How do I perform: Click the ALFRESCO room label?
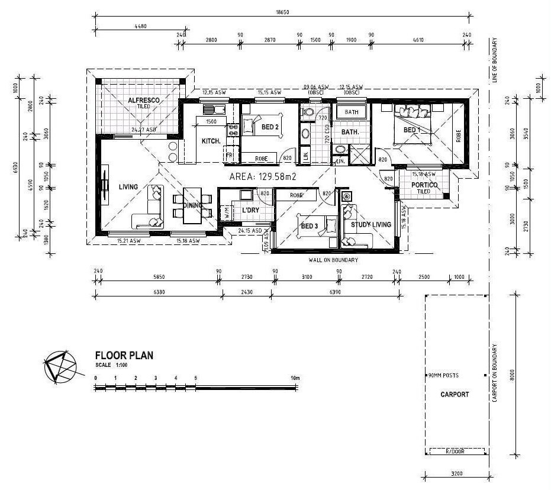[x=143, y=101]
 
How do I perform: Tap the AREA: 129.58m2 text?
[x=262, y=176]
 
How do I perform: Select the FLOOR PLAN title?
[x=124, y=356]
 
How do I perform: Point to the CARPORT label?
[x=455, y=394]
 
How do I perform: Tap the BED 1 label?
[x=412, y=130]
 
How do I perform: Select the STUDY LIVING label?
[x=371, y=225]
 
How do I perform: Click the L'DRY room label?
[x=251, y=210]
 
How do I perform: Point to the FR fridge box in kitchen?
[x=228, y=156]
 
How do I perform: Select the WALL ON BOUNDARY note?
[x=333, y=260]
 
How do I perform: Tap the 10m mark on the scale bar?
[x=295, y=378]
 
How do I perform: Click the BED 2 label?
[x=270, y=126]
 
